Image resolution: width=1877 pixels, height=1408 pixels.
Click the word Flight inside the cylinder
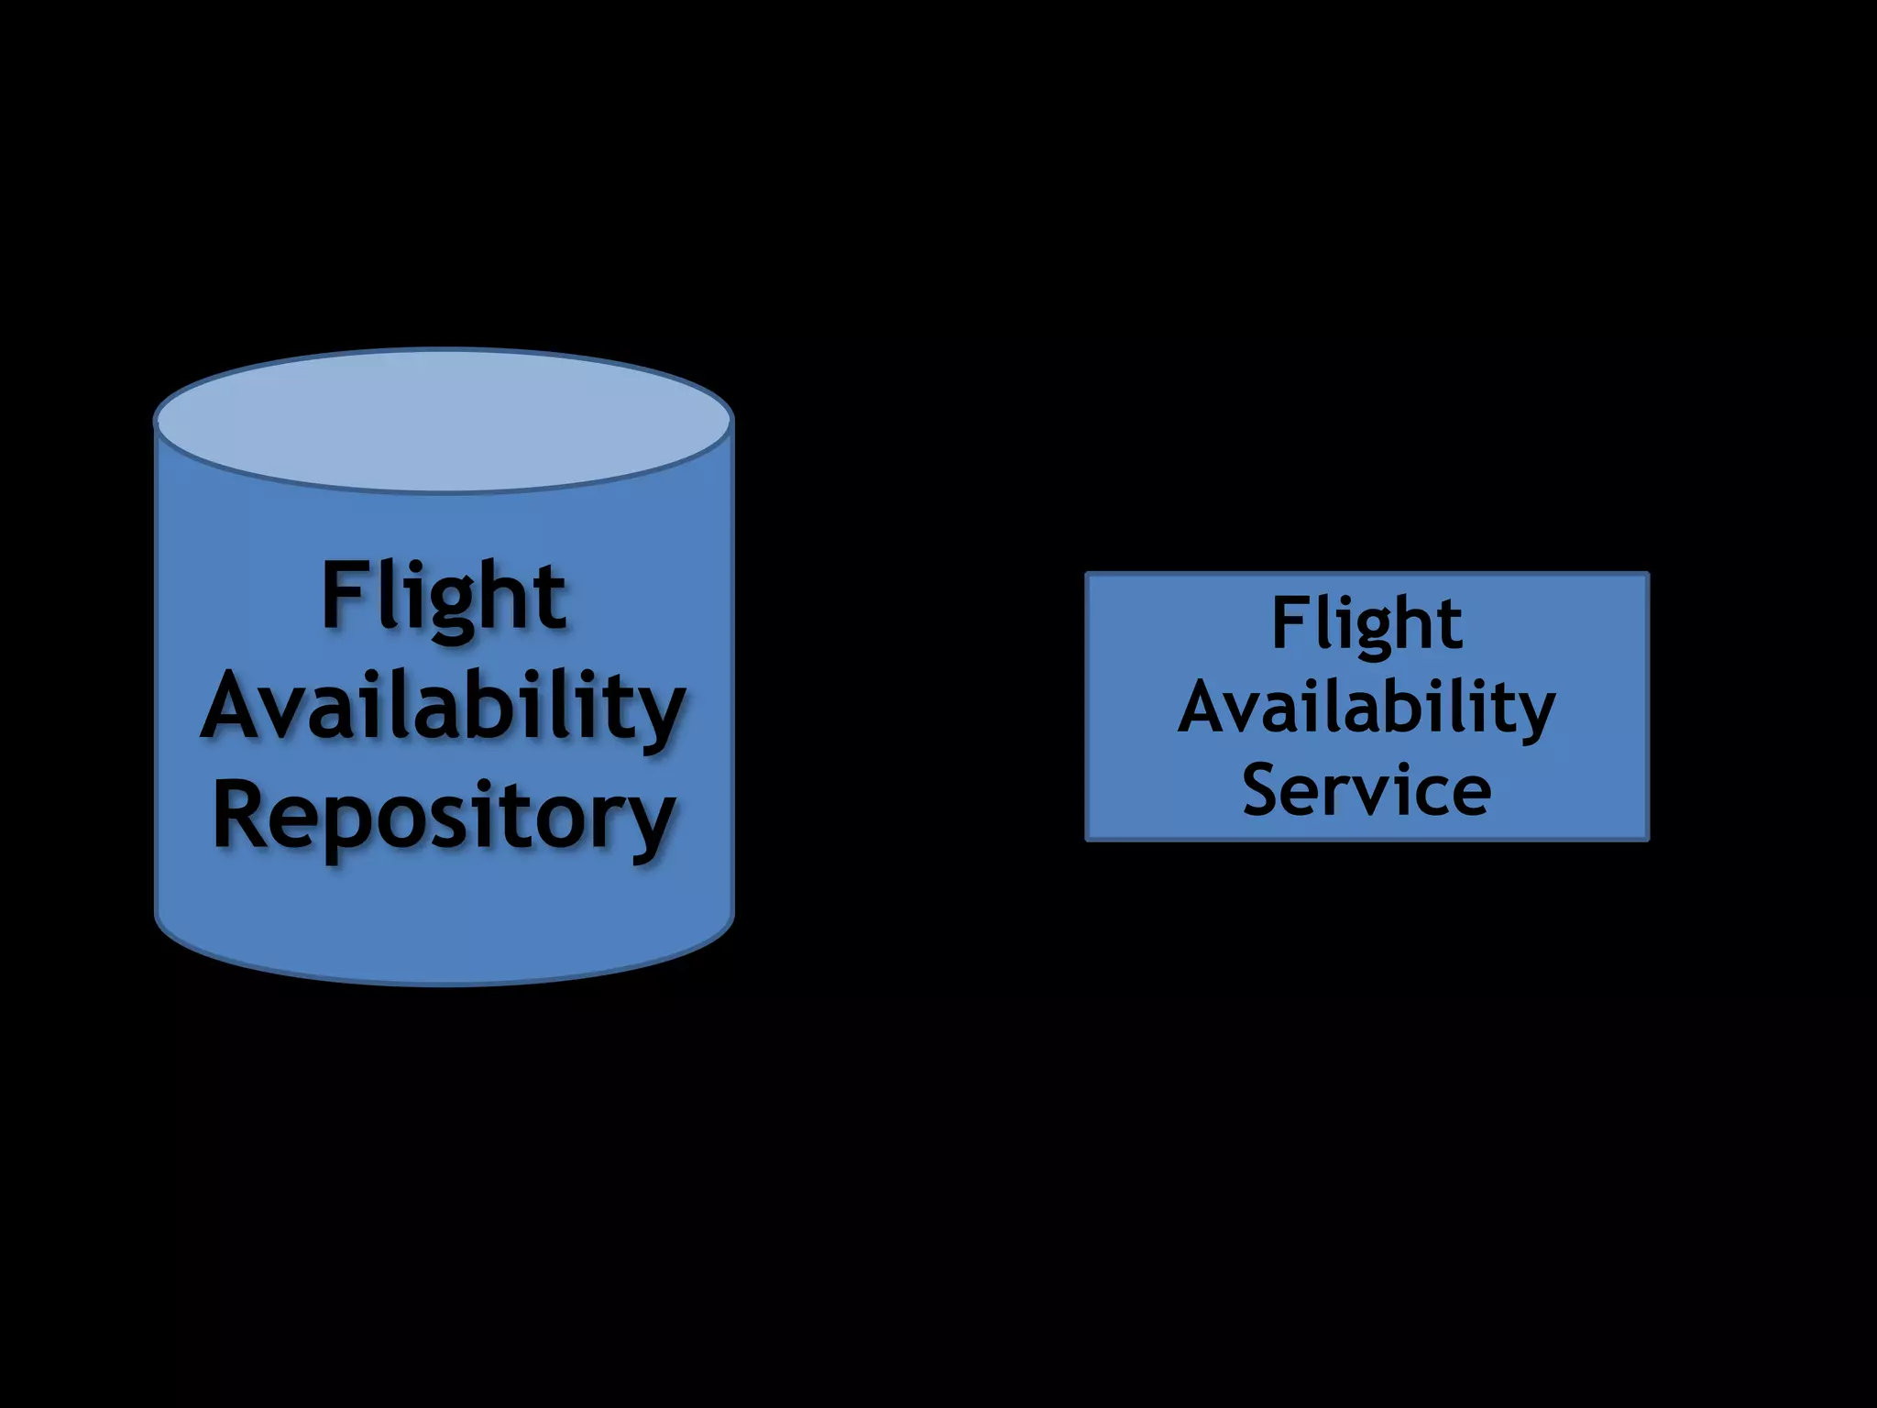point(444,598)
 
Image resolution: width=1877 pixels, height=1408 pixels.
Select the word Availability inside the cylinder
point(444,708)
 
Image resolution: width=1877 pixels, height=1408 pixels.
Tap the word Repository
point(444,818)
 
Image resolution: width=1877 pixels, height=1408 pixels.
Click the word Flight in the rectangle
point(1367,624)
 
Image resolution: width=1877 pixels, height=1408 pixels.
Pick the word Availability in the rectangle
point(1367,708)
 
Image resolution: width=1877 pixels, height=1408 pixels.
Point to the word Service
point(1367,790)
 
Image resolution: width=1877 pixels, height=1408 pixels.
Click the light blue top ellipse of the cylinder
point(444,420)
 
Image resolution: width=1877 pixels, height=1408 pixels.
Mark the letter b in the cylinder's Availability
point(501,704)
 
